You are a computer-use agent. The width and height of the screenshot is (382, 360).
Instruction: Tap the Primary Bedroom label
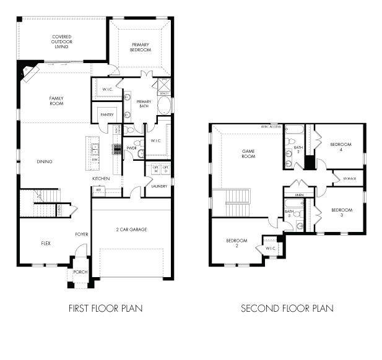click(141, 47)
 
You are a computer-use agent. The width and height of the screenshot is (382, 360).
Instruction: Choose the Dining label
click(44, 161)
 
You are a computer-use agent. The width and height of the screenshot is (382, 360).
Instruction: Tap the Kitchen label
click(102, 178)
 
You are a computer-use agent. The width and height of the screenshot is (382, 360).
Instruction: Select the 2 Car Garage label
click(132, 229)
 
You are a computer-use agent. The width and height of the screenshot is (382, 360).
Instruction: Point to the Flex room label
click(46, 243)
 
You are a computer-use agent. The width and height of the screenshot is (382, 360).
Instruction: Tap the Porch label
click(80, 272)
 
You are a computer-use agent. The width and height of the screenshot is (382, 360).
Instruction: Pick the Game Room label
click(248, 154)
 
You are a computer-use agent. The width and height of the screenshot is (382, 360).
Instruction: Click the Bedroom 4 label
click(341, 147)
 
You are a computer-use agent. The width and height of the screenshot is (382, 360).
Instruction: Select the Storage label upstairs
click(349, 179)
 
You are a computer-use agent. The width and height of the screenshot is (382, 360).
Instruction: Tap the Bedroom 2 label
click(236, 243)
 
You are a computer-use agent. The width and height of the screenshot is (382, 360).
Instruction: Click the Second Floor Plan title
click(287, 307)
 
